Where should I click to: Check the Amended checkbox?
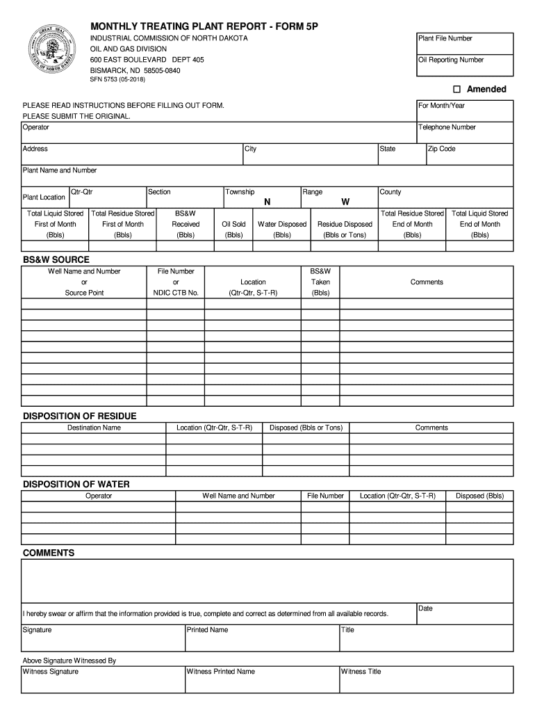[x=456, y=90]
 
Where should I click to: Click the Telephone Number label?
[x=447, y=127]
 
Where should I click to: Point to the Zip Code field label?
[x=441, y=149]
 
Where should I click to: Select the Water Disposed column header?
[x=281, y=225]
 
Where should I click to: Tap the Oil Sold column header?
[x=233, y=225]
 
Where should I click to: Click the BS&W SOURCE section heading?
[x=56, y=259]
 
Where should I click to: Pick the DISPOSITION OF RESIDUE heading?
[x=80, y=416]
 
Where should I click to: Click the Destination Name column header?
[x=94, y=428]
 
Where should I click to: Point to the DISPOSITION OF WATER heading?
[x=76, y=484]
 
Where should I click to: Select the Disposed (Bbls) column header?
[x=479, y=496]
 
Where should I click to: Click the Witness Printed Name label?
[x=221, y=672]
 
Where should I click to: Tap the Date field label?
[x=425, y=608]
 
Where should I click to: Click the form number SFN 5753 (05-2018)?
[x=117, y=80]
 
